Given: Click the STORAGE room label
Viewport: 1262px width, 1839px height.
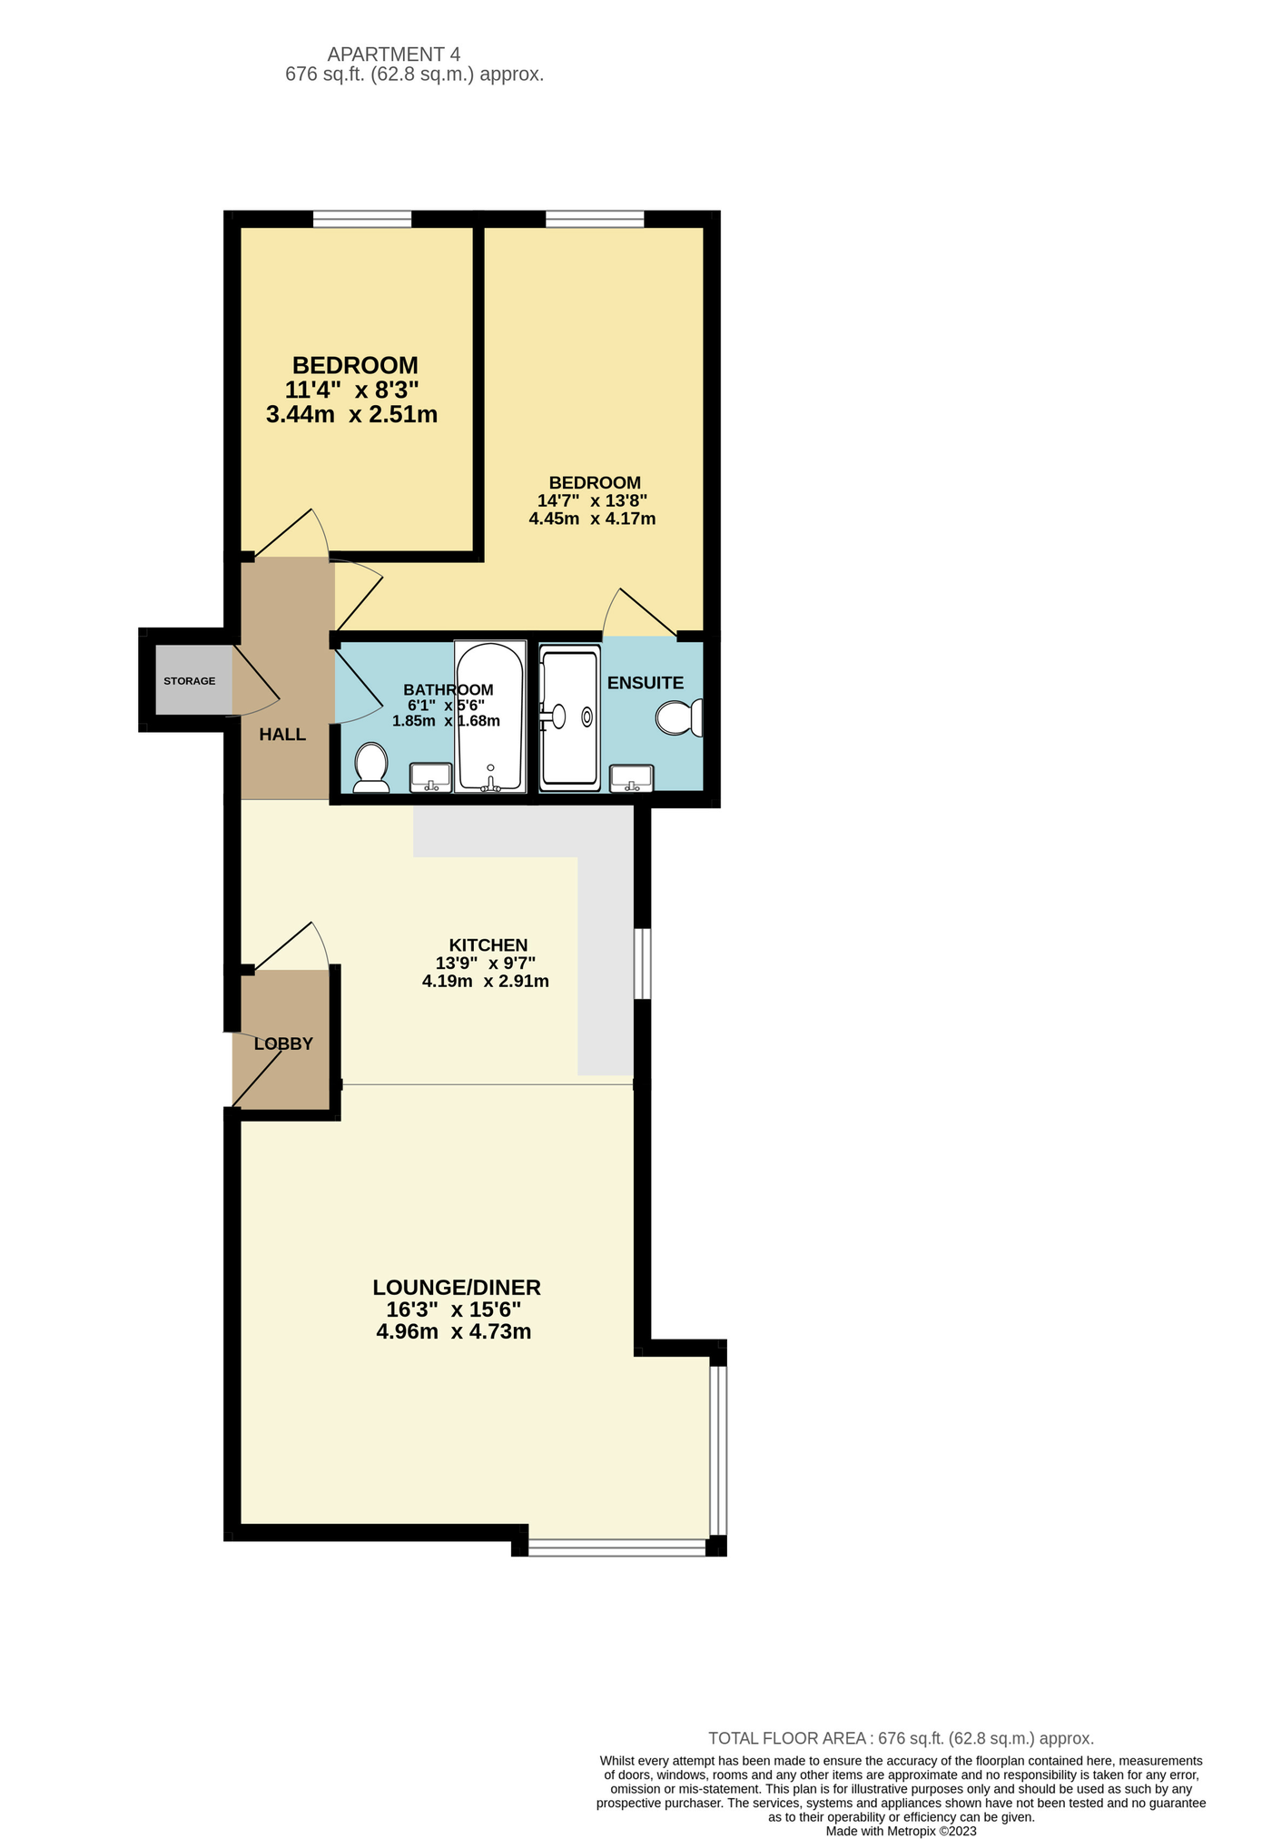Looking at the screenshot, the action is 190,681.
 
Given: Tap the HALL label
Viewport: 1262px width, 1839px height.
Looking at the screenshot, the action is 282,735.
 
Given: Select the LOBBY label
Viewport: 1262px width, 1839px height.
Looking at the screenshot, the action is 283,1044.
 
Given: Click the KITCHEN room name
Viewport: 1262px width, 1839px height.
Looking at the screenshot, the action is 488,945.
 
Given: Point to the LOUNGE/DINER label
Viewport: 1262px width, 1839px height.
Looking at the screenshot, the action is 457,1287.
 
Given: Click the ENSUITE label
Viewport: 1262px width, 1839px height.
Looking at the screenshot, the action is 646,683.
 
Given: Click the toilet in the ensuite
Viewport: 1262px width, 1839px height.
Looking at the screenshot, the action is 679,717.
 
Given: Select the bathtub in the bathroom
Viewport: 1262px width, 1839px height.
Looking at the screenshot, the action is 490,717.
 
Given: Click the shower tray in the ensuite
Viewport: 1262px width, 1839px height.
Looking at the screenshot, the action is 569,717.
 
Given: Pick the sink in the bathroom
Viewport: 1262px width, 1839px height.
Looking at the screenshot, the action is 431,777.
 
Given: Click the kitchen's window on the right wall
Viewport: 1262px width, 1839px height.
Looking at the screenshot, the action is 642,964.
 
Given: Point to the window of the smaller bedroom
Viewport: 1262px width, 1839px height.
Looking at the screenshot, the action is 362,219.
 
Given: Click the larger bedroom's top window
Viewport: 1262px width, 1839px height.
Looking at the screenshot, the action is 595,219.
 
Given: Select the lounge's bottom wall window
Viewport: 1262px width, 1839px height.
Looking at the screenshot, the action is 617,1547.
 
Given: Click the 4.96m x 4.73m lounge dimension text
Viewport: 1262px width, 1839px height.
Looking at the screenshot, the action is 454,1332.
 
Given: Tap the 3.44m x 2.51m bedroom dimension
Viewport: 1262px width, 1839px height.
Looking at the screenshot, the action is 352,415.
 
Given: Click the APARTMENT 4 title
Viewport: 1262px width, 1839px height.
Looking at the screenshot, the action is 394,54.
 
